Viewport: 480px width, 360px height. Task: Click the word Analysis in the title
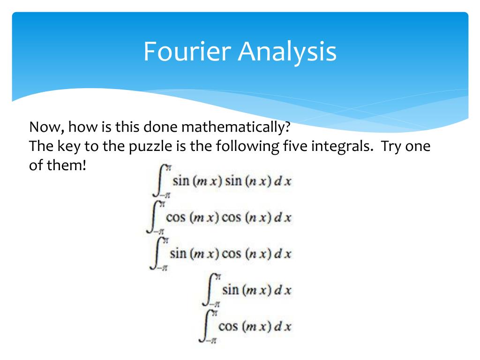click(287, 52)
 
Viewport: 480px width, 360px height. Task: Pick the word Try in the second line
click(393, 146)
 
